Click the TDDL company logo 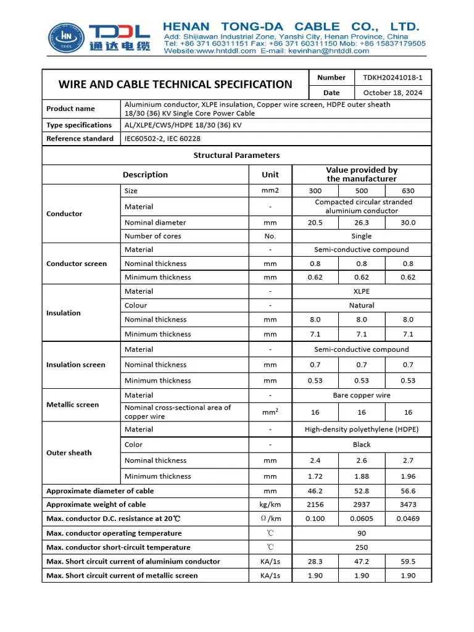99,38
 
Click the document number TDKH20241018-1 393,78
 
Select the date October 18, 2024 393,93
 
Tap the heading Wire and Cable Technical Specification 175,85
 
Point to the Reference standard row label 80,139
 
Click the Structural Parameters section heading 236,156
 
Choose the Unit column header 270,175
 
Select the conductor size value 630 408,191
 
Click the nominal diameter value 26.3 362,223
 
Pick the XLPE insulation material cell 362,291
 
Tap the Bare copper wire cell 362,395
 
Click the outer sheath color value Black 362,444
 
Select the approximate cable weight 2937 362,505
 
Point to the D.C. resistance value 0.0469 408,519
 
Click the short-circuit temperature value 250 362,547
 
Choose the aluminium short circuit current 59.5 408,562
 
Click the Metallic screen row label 72,405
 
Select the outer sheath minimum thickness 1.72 315,476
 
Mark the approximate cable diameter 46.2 315,491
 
